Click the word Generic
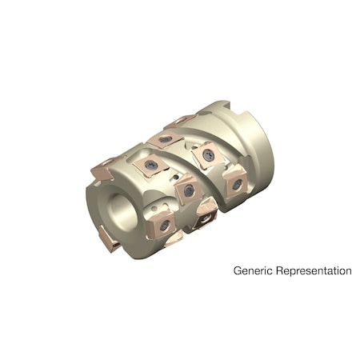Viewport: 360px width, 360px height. [251, 270]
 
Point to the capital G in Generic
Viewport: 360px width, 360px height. [238, 270]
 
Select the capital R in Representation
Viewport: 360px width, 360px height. [277, 270]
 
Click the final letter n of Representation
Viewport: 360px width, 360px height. [348, 270]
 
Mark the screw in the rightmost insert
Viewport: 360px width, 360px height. [237, 184]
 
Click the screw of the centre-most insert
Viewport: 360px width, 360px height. [189, 190]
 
